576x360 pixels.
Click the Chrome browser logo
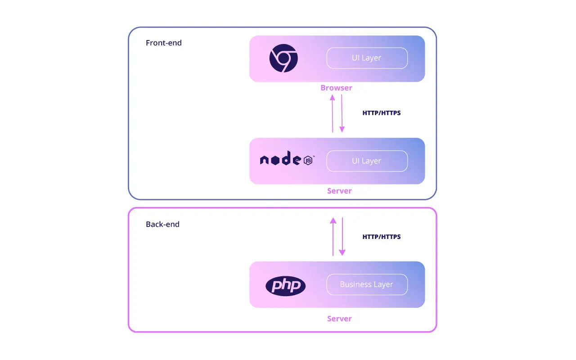pos(283,58)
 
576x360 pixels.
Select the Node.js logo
pos(287,160)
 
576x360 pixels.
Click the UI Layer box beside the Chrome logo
pos(367,58)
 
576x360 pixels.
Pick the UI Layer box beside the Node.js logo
pos(367,161)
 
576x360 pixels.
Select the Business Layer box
pos(367,284)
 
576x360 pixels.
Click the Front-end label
pos(164,43)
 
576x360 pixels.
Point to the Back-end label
pos(162,224)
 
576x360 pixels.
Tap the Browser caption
pos(336,88)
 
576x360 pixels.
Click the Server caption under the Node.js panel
pos(339,191)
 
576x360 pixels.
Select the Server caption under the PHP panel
pos(339,319)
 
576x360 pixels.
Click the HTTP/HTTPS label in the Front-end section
pos(381,113)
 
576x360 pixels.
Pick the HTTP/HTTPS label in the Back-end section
pos(381,237)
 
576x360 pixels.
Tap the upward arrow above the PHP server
pos(333,237)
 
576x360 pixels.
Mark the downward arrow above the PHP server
pos(342,237)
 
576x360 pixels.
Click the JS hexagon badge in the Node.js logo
pos(309,161)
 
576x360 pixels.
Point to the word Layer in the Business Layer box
pos(383,284)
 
